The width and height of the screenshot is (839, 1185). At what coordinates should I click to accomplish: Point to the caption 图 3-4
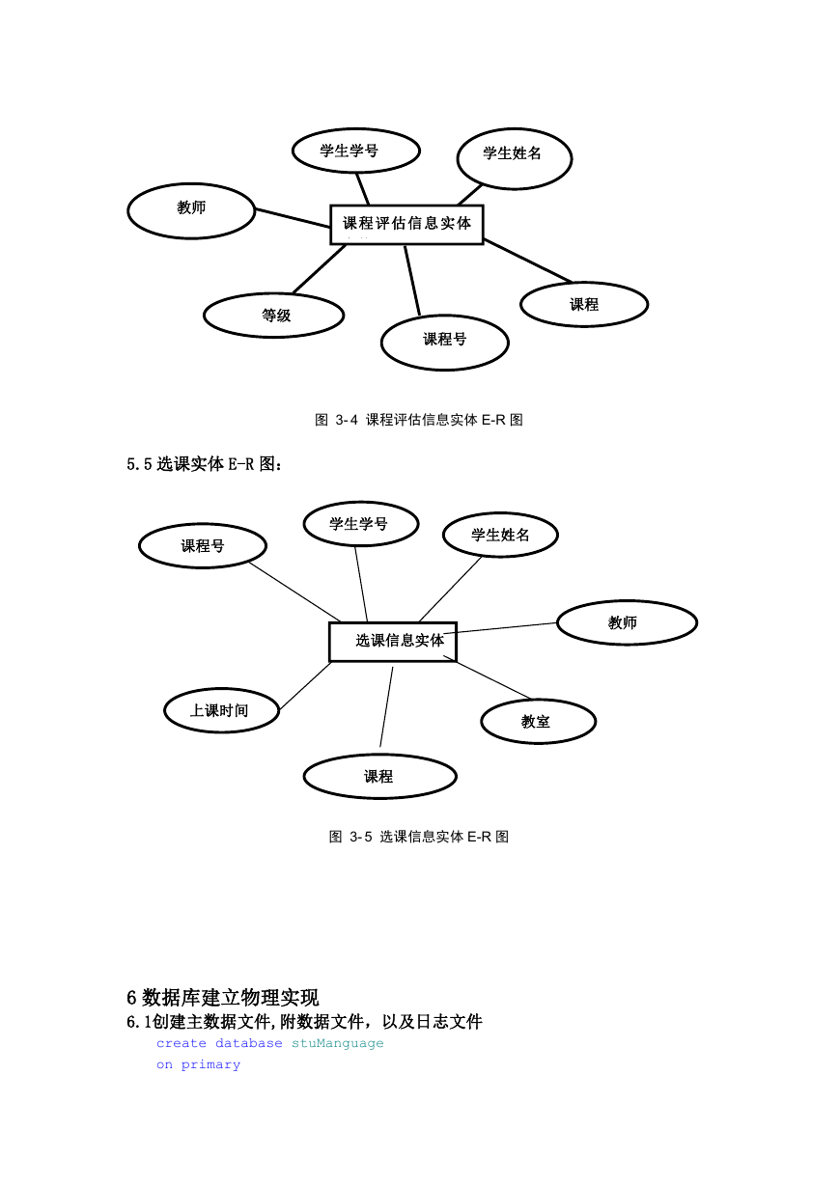click(336, 420)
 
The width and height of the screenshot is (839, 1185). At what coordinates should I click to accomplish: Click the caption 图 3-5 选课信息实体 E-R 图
click(419, 837)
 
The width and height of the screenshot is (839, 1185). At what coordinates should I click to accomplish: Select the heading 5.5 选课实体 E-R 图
click(205, 464)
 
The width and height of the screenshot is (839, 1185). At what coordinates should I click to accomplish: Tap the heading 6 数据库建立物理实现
click(223, 998)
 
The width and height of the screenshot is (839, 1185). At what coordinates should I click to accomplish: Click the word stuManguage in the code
click(338, 1043)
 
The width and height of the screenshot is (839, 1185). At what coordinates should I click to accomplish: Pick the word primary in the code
click(210, 1064)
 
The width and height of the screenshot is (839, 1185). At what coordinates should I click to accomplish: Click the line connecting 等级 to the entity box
click(320, 269)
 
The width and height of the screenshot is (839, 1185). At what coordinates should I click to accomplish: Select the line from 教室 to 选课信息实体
click(493, 680)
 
